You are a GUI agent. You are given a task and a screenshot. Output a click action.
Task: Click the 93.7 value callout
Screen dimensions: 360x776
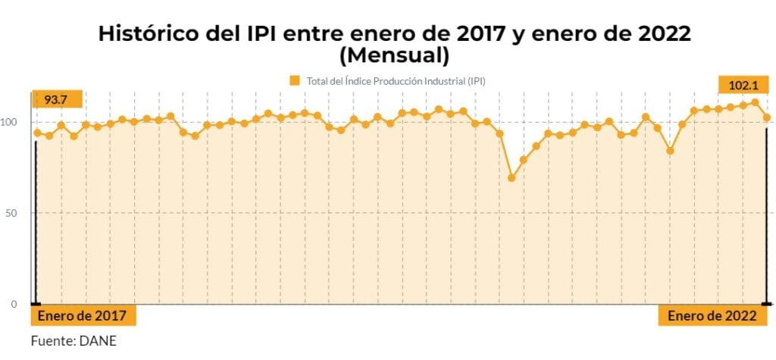56,100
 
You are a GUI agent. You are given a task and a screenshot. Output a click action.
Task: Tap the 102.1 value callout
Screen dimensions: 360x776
743,85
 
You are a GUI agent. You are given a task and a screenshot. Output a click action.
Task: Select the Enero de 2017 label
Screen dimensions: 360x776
83,316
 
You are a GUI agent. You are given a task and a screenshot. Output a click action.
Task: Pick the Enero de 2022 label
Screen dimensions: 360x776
712,316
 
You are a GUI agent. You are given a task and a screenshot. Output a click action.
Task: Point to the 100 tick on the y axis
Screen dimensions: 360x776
18,122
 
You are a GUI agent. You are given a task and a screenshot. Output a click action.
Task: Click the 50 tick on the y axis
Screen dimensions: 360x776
20,213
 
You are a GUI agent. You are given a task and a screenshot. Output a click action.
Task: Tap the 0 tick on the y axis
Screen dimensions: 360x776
23,304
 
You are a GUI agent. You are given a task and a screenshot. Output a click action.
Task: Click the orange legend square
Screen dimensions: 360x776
295,80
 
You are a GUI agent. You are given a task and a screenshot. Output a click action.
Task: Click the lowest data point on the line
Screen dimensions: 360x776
512,178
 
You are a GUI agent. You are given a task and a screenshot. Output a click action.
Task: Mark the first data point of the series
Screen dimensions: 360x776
37,133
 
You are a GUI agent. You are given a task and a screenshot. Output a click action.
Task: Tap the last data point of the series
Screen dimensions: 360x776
767,117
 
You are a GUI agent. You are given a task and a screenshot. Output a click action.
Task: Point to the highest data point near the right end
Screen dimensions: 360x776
755,102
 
